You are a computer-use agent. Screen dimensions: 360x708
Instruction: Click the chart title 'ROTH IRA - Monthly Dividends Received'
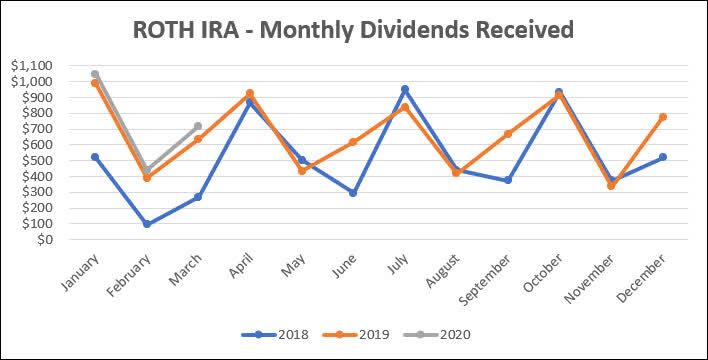click(354, 30)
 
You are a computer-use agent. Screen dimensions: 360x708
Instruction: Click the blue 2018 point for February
click(146, 224)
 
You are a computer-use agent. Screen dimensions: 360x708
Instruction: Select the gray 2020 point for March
click(198, 126)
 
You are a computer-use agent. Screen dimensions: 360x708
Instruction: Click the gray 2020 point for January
click(95, 74)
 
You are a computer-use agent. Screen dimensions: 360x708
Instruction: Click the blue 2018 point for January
click(95, 157)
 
